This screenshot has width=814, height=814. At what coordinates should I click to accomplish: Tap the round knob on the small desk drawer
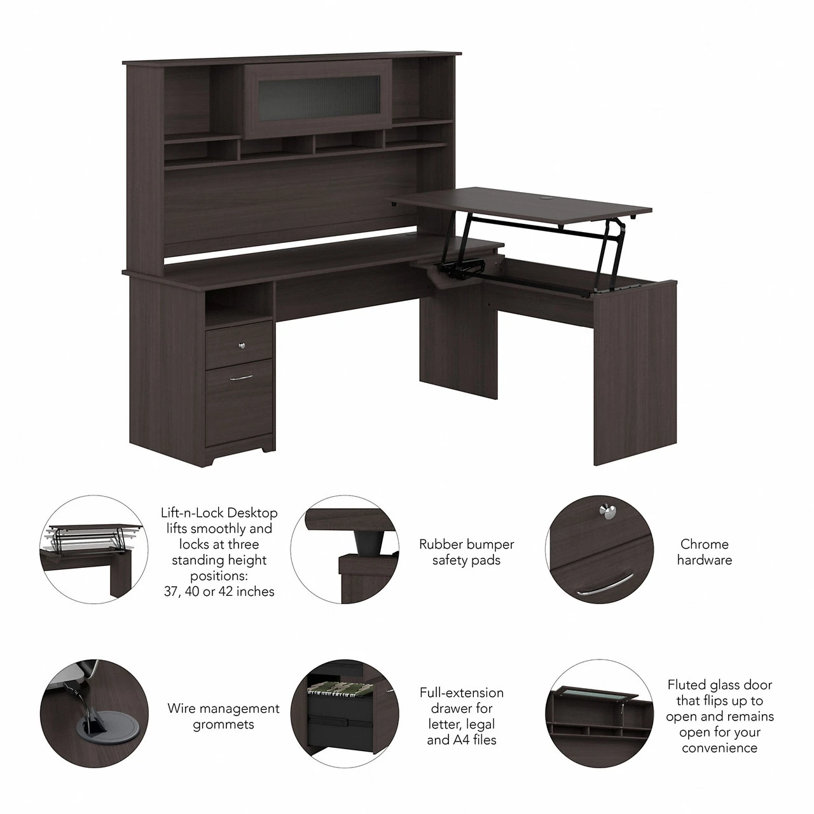242,345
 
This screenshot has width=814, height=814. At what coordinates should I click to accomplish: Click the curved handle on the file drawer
240,378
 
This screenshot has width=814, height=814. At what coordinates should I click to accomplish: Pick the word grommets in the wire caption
223,724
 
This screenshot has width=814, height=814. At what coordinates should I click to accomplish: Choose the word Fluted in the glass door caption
687,685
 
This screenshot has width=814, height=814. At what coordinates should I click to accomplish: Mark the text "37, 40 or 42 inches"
218,591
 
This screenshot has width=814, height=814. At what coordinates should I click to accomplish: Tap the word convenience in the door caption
719,748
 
